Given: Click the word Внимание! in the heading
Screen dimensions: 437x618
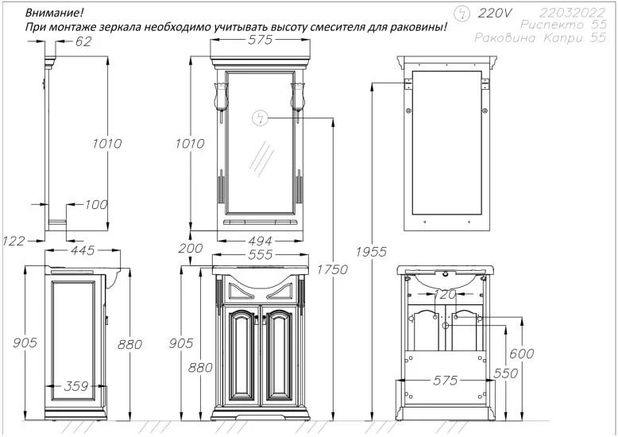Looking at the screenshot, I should [x=53, y=14].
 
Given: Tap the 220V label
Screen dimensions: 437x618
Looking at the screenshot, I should [x=495, y=13].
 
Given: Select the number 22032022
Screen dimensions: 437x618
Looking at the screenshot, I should [x=572, y=12].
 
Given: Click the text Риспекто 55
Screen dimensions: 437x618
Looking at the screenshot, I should [x=567, y=25].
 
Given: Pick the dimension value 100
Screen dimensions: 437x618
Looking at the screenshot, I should [x=95, y=205].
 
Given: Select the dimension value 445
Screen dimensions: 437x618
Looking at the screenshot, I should [x=83, y=251].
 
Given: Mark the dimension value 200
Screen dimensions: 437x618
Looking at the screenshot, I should [x=191, y=249].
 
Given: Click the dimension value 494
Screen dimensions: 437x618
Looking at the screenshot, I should [x=260, y=241].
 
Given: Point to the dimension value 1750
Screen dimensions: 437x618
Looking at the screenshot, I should [x=333, y=270].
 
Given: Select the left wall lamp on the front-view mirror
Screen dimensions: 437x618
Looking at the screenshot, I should [x=218, y=96].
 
